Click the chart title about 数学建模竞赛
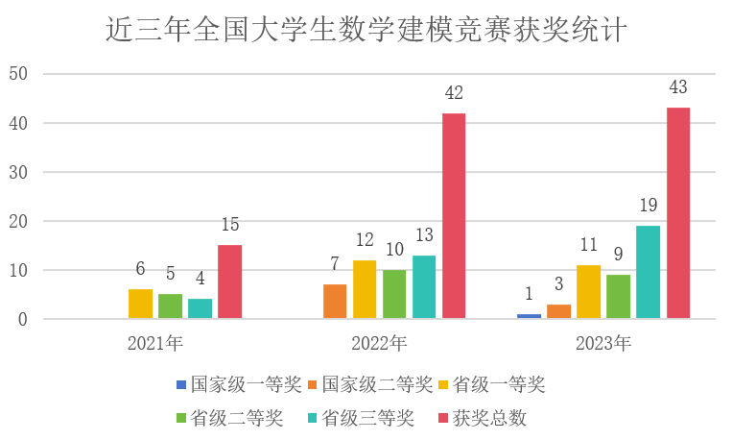(366, 31)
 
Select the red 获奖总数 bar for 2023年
(678, 212)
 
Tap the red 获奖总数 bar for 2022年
(454, 215)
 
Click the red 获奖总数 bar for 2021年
(229, 281)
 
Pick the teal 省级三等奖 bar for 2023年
(649, 272)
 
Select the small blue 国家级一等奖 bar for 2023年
(529, 316)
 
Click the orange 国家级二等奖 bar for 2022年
(335, 302)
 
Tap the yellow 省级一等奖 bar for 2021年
(140, 304)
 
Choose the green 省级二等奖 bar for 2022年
(394, 294)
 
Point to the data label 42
(454, 93)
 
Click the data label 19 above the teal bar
(649, 206)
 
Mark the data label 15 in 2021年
(229, 225)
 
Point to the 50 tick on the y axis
(19, 74)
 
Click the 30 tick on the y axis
(19, 172)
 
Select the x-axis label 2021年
(155, 343)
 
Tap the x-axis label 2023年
(603, 343)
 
